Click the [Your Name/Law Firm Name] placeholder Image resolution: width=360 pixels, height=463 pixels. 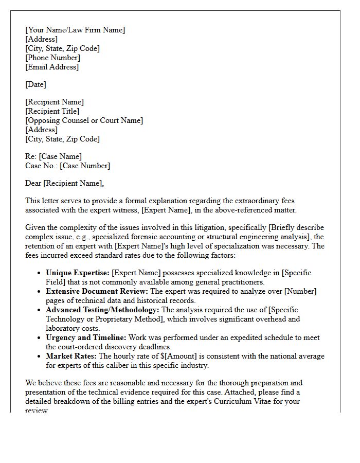[x=75, y=30]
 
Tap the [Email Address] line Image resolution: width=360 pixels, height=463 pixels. [x=52, y=67]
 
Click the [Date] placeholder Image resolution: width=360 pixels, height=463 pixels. [x=35, y=84]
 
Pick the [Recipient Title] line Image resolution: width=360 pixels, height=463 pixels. [x=52, y=111]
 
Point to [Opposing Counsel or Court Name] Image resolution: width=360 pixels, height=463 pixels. [x=84, y=120]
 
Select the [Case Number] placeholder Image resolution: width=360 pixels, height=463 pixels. [x=85, y=166]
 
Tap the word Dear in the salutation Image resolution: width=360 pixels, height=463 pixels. [x=33, y=183]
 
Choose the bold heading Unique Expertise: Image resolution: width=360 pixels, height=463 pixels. [x=78, y=273]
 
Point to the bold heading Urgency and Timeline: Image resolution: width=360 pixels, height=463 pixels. [x=86, y=337]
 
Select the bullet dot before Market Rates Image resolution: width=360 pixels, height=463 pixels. [x=39, y=356]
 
